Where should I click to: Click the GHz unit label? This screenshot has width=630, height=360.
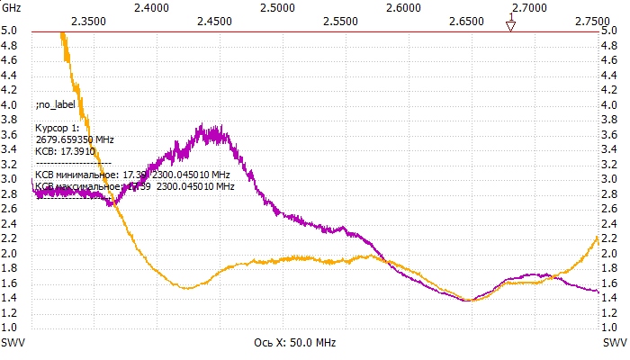tap(13, 6)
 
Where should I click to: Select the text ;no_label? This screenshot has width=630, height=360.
tap(56, 104)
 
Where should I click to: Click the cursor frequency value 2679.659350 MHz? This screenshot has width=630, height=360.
tap(75, 140)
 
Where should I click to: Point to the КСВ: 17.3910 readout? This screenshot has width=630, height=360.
tap(65, 152)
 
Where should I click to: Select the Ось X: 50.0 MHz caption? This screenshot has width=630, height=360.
tap(295, 343)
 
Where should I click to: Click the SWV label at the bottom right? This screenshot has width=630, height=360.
tap(616, 343)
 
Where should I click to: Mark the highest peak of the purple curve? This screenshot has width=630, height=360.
tap(203, 125)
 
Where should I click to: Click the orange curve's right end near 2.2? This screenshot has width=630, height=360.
tap(598, 237)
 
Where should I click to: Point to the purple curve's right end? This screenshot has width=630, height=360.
tap(598, 292)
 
